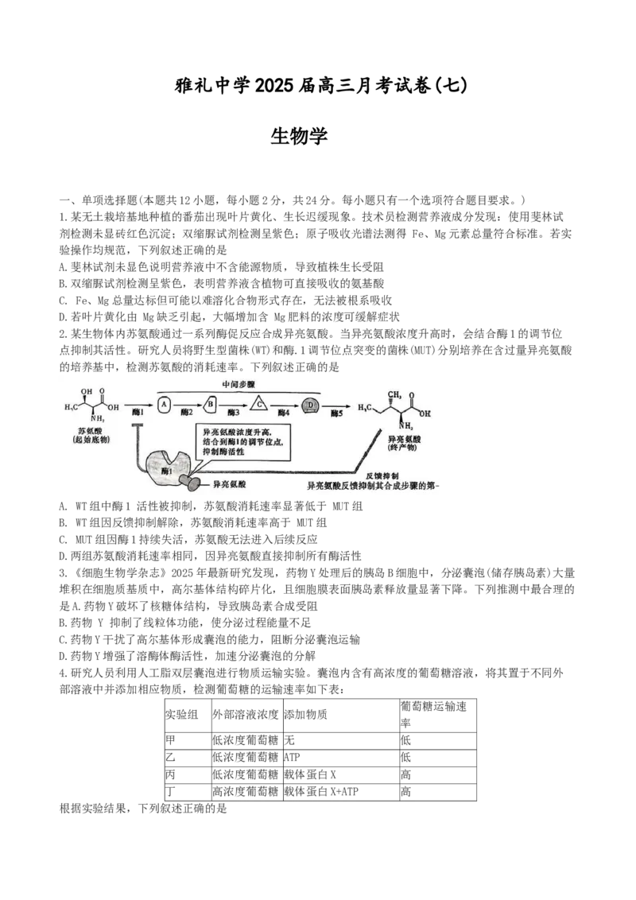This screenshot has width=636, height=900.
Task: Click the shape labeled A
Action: click(x=164, y=405)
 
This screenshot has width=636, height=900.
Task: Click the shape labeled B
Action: click(x=211, y=405)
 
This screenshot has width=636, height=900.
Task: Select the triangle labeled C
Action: click(x=258, y=405)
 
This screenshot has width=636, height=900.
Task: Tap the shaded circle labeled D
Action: click(x=312, y=405)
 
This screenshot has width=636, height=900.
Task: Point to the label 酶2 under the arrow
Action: click(x=187, y=414)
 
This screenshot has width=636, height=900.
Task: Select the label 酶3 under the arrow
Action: click(x=234, y=414)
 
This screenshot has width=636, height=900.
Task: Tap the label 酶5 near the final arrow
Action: click(x=338, y=414)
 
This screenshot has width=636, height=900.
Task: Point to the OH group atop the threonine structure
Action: click(x=86, y=390)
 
